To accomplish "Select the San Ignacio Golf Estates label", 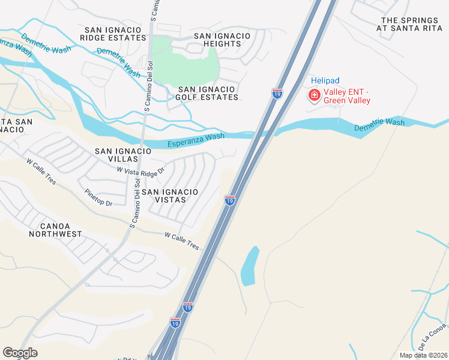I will tap(208, 92).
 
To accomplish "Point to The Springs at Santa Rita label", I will tap(411, 23).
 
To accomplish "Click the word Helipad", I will tap(325, 80).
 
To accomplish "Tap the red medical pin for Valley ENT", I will tap(314, 95).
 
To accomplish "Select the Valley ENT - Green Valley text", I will tap(348, 96).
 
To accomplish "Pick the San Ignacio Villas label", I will tap(116, 155).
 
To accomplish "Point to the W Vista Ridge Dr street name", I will tap(140, 172).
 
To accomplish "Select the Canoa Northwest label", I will tap(55, 230).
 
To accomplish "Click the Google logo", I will tap(20, 353).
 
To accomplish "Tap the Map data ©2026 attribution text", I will tap(423, 355).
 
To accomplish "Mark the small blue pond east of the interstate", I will tap(249, 266).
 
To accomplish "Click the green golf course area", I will tap(185, 59).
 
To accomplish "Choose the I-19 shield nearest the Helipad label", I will tap(277, 94).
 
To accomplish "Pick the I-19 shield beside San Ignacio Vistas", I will tap(229, 200).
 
